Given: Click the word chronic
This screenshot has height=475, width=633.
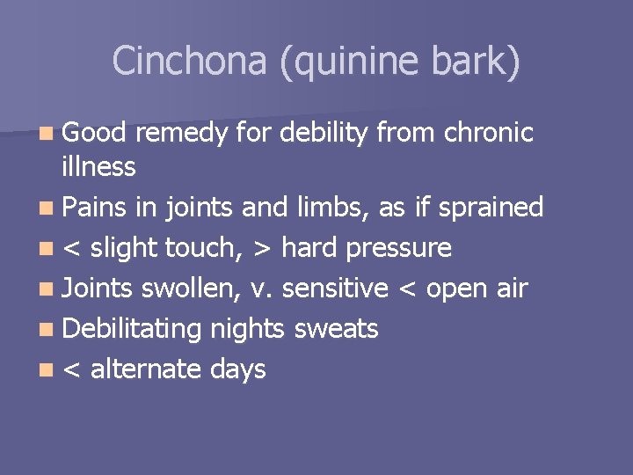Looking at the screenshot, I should (x=489, y=133).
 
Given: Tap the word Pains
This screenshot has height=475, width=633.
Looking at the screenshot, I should (x=97, y=208).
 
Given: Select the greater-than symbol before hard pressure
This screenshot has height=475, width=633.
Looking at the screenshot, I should (x=262, y=249).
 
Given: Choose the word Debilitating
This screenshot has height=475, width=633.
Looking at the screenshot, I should (x=133, y=330).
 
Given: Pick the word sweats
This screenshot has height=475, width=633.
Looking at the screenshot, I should (x=336, y=330).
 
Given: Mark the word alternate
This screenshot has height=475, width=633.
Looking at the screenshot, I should (x=146, y=369).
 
